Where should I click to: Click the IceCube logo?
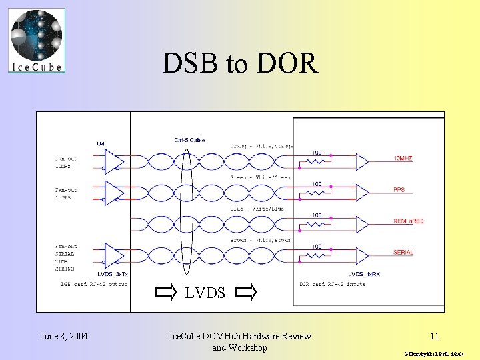coord(37,39)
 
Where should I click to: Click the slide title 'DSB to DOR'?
coord(240,63)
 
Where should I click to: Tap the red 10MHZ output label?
coord(403,159)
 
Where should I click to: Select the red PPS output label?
coord(399,190)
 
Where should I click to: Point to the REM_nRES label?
coord(408,221)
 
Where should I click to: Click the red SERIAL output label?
coord(403,253)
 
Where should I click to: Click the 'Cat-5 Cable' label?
coord(189,140)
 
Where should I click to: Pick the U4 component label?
coord(101,143)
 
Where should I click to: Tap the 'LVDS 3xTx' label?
coord(111,275)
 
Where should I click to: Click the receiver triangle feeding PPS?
coord(361,193)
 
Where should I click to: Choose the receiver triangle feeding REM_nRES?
coord(361,224)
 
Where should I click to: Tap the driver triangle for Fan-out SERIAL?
coord(115,256)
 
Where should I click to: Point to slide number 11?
coord(434,337)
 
